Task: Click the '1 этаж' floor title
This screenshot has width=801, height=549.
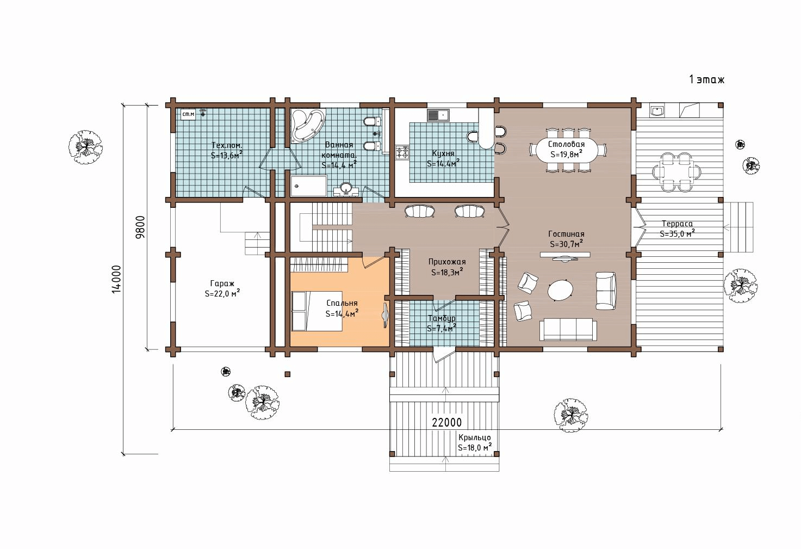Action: coord(706,79)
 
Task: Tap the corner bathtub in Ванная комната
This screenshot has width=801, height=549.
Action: coord(308,125)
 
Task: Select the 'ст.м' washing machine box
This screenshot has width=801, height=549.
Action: coord(188,114)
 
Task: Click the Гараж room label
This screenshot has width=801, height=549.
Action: coord(222,288)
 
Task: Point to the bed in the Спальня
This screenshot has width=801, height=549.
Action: coord(317,311)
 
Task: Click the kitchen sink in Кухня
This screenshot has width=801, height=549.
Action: coord(438,115)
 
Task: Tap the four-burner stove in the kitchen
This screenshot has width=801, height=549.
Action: coord(402,152)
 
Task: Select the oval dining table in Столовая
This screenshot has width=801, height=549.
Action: coord(566,150)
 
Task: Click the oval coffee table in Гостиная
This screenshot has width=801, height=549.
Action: coord(560,290)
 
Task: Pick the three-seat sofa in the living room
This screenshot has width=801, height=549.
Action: coord(568,329)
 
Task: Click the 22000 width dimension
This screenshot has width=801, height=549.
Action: coord(446,423)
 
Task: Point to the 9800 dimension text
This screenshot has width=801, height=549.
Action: coord(141,227)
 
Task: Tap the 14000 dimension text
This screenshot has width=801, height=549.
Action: coord(116,279)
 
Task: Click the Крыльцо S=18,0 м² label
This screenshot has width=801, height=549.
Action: coord(475,443)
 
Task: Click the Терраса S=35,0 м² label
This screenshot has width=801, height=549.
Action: coord(677,229)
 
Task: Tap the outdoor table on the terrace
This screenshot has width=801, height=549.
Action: coord(676,172)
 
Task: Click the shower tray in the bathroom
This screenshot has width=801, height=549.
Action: coord(308,186)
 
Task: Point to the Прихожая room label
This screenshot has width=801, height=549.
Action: coord(447,267)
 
